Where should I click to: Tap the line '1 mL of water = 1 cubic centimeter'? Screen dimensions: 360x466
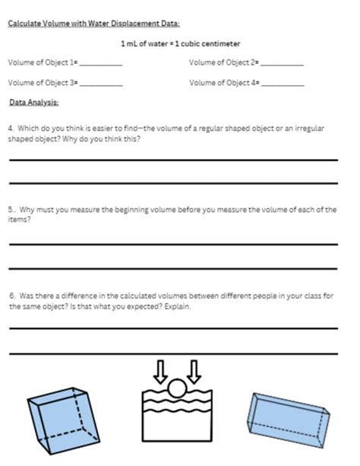[180, 43]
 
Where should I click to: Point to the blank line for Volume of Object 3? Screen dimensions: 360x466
[100, 85]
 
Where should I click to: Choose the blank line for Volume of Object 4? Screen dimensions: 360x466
[282, 85]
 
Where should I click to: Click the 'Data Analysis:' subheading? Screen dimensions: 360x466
[33, 102]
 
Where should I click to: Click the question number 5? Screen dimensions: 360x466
[11, 209]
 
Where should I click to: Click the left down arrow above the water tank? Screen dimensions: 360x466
[159, 371]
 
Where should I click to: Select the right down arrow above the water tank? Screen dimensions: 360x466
[194, 371]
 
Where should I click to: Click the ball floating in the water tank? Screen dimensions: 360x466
[176, 390]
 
